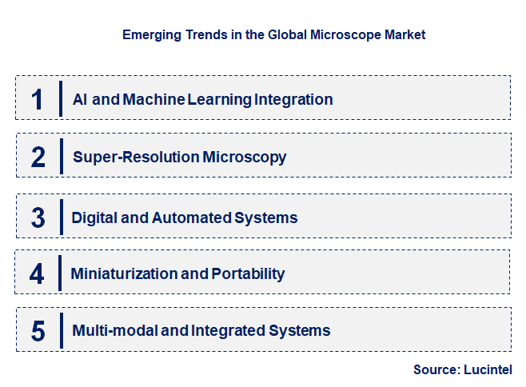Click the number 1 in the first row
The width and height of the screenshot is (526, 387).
[38, 99]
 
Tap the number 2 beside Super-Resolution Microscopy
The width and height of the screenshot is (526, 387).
[38, 157]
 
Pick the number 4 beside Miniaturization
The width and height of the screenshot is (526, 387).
[38, 273]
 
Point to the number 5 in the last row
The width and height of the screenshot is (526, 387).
[38, 330]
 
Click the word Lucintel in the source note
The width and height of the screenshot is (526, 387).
[487, 369]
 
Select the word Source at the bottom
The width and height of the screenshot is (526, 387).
[435, 369]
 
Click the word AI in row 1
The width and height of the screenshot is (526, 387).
[80, 100]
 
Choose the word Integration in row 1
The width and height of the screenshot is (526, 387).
[293, 100]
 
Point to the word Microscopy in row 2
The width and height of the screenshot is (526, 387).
[245, 157]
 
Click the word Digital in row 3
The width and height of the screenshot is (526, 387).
[94, 217]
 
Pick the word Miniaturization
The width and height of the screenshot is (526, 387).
[124, 273]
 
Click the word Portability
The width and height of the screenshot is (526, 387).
[248, 273]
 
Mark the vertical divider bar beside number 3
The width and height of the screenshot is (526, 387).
[61, 217]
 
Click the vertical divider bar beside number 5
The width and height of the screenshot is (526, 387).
[61, 330]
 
